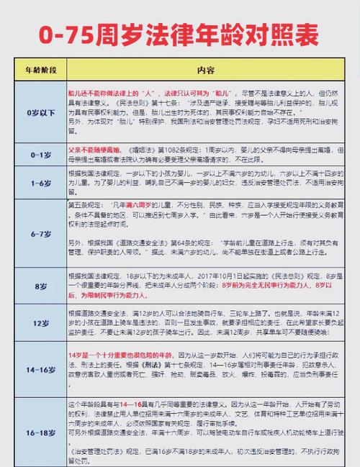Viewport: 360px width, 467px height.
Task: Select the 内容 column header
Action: [x=206, y=71]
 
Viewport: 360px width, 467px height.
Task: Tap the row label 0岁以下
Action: [x=36, y=113]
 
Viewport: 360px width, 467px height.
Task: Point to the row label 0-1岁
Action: [x=36, y=154]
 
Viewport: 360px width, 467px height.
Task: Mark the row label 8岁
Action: [x=36, y=285]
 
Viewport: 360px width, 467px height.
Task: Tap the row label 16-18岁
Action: [x=36, y=432]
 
